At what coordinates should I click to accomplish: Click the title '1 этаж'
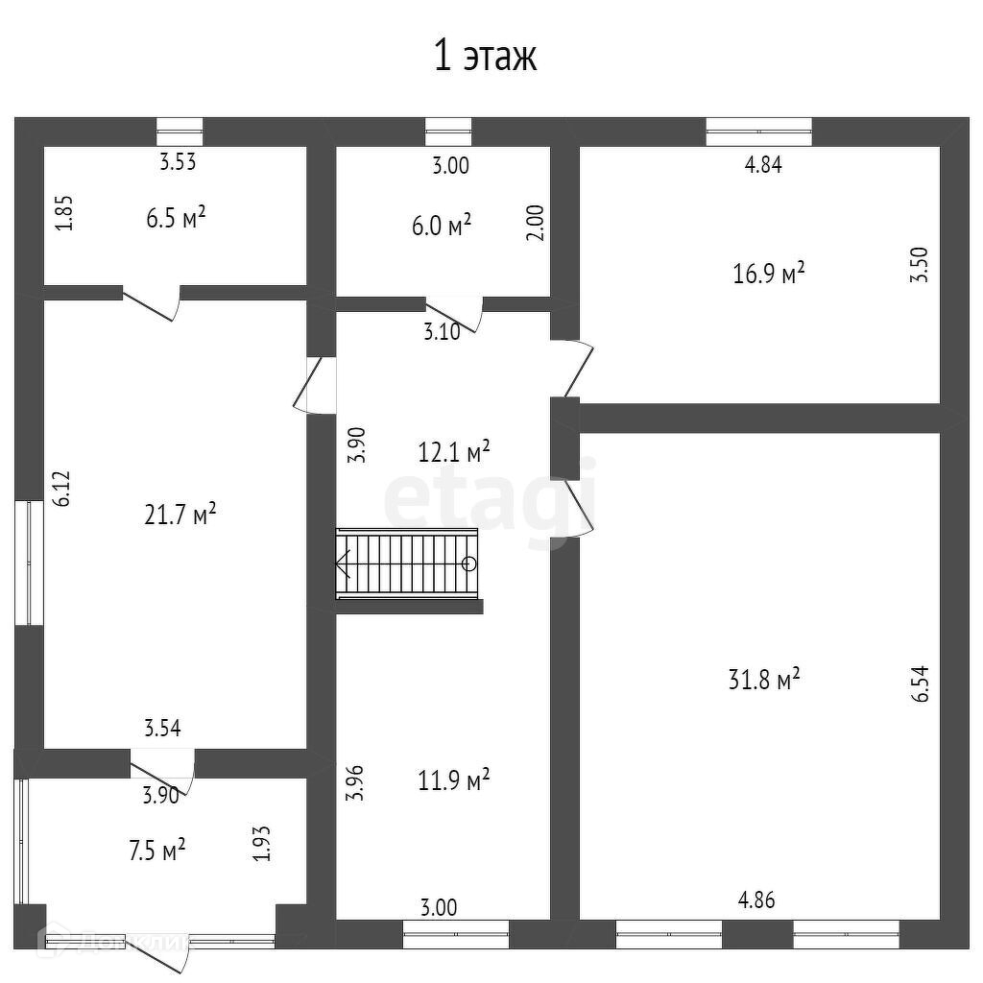[485, 57]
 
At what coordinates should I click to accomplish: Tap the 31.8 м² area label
[764, 680]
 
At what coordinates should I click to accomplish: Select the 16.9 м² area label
[767, 274]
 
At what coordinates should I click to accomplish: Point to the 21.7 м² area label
[180, 515]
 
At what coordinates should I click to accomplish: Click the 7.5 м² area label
[156, 850]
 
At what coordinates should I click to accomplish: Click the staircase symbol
[406, 563]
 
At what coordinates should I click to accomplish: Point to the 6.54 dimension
[923, 683]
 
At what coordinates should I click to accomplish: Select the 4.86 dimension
[755, 900]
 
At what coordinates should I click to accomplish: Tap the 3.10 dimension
[442, 333]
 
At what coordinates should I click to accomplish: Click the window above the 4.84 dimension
[758, 132]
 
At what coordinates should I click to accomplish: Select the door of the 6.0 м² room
[455, 313]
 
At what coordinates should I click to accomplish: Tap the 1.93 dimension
[261, 844]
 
